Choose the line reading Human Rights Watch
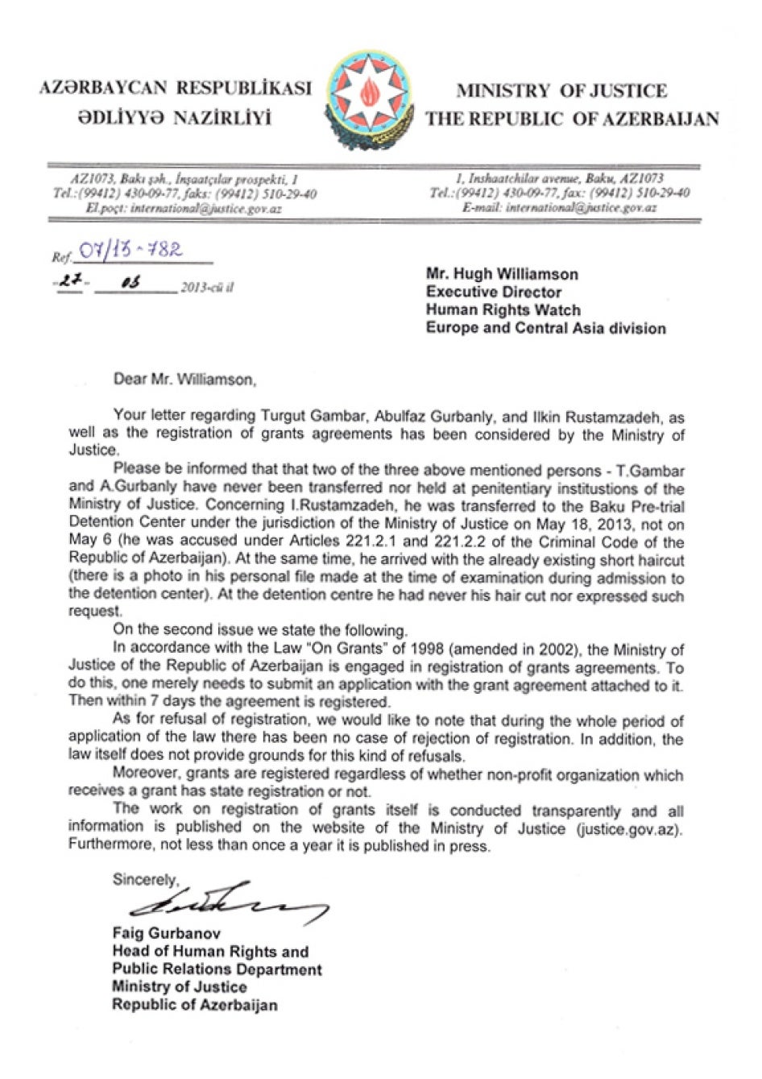[x=503, y=309]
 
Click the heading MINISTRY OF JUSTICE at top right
[x=561, y=91]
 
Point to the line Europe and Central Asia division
[x=545, y=328]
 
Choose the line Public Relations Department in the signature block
[x=217, y=969]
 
